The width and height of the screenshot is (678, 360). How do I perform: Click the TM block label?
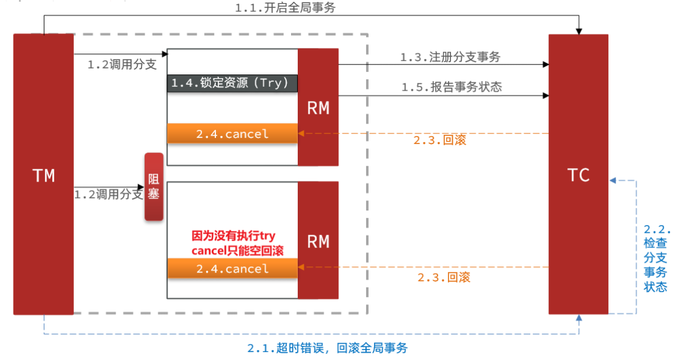pos(44,175)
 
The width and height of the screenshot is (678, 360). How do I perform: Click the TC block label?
pos(578,175)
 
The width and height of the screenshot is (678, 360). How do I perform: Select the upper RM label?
pos(318,108)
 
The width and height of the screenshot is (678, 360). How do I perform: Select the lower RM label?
pos(318,241)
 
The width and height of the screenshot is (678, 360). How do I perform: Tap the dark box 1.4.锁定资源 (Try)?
pos(232,83)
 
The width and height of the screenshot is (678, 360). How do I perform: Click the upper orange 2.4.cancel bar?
pos(232,134)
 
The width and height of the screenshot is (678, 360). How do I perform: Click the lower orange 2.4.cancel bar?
pos(232,268)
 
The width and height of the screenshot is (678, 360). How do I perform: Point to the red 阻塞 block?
pos(154,186)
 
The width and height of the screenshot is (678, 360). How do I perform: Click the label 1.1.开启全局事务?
pos(285,7)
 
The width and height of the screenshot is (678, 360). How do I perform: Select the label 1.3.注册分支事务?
pos(450,57)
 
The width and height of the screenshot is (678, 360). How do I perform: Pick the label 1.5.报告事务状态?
pos(452,87)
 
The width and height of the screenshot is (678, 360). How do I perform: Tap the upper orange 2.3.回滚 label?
pos(440,140)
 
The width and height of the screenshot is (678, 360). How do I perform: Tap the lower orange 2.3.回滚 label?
pos(444,277)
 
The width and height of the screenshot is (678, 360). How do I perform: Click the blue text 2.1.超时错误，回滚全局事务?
pos(327,348)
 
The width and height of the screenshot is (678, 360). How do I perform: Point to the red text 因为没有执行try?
pos(234,236)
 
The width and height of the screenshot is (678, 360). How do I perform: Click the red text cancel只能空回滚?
pos(237,250)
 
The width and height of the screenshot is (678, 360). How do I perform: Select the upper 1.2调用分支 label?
pos(122,65)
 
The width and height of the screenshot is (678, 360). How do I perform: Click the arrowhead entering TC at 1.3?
pos(546,65)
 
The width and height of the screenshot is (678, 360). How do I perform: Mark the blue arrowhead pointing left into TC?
pos(613,180)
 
